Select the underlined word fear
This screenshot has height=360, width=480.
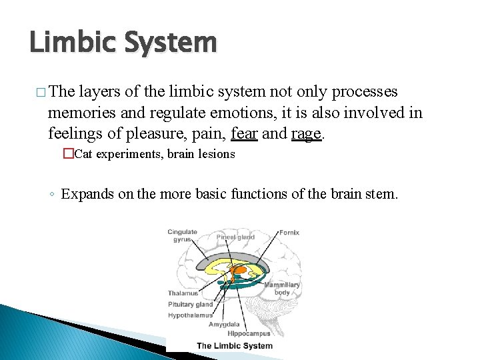244,133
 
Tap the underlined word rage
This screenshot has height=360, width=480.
307,133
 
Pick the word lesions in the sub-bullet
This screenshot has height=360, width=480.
215,155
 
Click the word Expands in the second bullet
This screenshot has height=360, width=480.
86,194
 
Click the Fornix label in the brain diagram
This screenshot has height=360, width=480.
289,233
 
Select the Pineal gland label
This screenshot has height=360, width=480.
235,237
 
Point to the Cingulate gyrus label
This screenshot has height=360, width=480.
182,236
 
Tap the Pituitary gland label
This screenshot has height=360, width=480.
190,305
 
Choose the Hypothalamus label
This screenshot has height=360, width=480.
190,315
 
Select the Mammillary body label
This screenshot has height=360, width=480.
281,289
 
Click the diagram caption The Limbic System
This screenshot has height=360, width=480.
235,345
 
